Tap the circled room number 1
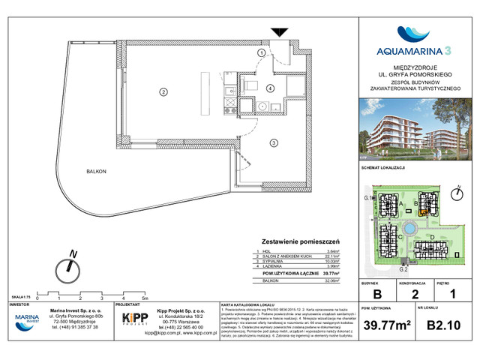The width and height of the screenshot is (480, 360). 261,53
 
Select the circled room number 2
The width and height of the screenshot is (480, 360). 163,92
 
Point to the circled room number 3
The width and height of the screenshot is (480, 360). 274,142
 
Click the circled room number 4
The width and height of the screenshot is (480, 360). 269,88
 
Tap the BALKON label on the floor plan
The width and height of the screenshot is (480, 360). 96,172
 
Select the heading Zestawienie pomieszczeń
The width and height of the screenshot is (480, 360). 298,241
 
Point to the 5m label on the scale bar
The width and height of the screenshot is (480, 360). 151,298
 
